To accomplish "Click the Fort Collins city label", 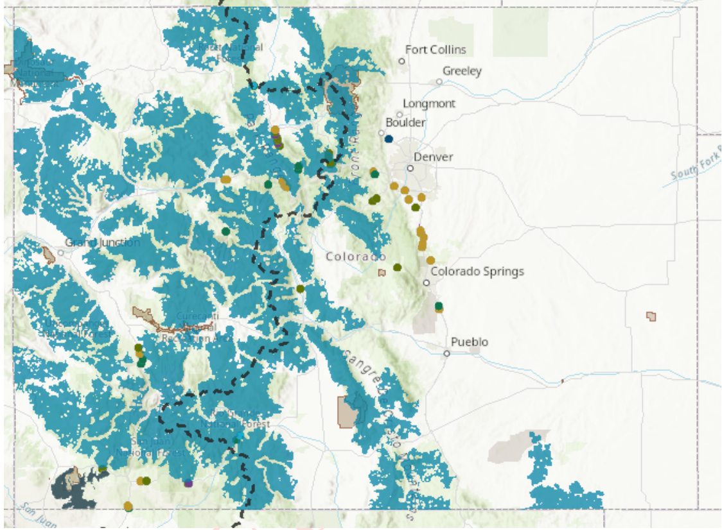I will pos(436,49).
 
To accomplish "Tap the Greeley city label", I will pos(462,71).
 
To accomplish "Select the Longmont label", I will pos(428,103).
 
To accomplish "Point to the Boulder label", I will pos(405,122).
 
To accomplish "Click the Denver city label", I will pos(433,157).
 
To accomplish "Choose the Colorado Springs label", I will pos(477,271).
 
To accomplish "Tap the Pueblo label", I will pos(469,342).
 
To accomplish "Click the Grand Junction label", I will pos(103,243).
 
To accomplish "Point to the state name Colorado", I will pos(356,257).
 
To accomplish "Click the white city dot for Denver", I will pos(410,168).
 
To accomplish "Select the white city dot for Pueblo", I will pos(446,353).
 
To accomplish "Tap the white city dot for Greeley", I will pos(439,81).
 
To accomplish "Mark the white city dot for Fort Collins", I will pos(401,61).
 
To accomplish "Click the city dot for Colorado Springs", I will pos(426,282).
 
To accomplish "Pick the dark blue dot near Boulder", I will pos(389,139).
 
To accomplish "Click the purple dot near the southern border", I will pos(188,483).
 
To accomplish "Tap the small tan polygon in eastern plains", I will pos(651,316).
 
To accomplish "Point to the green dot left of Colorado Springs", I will pos(397,267).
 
